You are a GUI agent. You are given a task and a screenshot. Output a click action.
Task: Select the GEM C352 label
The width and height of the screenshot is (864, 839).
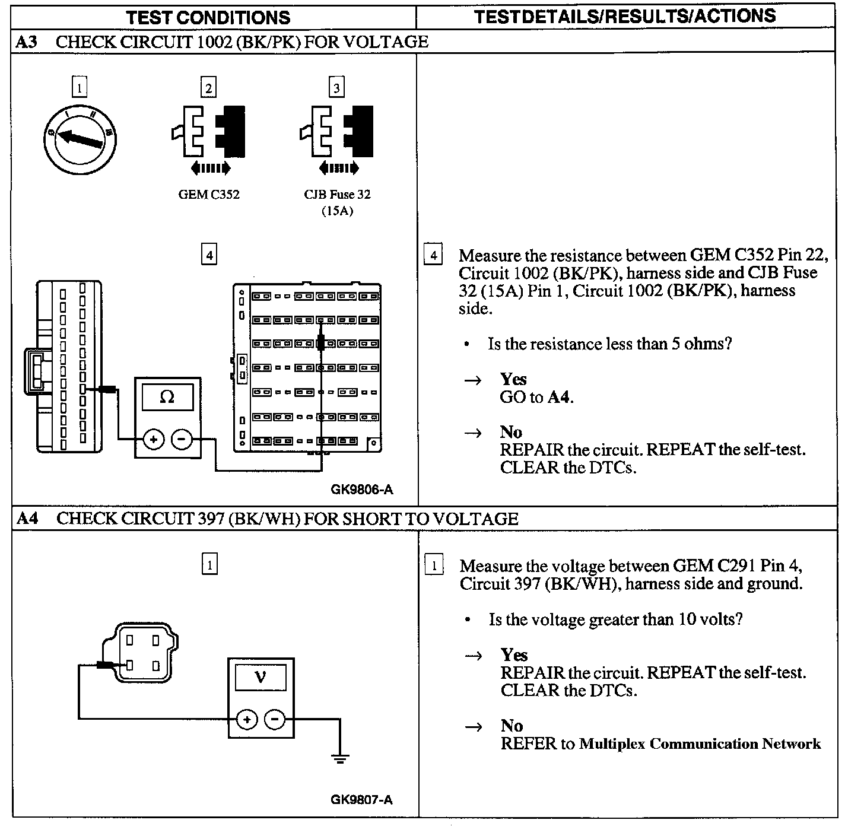tap(209, 195)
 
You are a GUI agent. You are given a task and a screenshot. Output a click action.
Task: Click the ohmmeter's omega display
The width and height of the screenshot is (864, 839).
tap(167, 397)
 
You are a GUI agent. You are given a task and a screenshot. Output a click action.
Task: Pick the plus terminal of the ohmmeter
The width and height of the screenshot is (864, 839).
tap(153, 440)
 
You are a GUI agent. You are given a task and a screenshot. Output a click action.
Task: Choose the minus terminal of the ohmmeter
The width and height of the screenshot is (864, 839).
tap(182, 440)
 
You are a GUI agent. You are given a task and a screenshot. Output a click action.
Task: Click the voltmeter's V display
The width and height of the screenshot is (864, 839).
tap(261, 676)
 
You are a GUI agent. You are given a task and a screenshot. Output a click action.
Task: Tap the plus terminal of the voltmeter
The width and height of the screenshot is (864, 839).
tap(246, 720)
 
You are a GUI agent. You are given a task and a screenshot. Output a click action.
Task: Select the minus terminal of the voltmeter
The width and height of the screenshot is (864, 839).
tap(275, 720)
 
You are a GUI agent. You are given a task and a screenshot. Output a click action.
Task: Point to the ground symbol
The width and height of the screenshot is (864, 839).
tap(340, 758)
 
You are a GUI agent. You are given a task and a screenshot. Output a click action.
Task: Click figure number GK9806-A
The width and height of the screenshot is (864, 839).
tap(361, 490)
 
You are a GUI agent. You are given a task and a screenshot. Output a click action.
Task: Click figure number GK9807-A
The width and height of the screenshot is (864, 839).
tap(361, 799)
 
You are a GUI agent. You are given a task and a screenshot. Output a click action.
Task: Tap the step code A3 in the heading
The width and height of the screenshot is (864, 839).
tap(27, 42)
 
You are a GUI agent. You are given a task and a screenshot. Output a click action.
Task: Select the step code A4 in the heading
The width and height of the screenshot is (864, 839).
tap(27, 519)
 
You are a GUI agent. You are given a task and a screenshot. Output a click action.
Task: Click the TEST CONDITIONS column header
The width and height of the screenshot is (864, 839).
tap(208, 17)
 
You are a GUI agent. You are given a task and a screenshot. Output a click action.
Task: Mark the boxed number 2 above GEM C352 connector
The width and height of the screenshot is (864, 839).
tap(208, 88)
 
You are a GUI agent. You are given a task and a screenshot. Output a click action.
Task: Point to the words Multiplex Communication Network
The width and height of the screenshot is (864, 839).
tap(700, 744)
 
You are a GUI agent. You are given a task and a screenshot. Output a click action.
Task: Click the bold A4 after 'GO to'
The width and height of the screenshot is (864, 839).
tap(558, 397)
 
